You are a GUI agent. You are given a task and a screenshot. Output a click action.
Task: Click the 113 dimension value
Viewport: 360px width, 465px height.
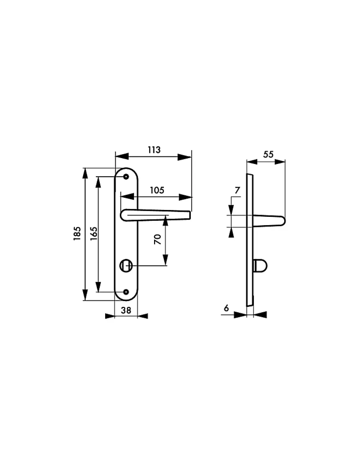154,150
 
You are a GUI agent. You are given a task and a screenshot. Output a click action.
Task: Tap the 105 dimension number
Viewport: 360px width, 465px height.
157,190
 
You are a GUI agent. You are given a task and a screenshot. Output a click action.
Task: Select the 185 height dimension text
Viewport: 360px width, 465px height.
77,233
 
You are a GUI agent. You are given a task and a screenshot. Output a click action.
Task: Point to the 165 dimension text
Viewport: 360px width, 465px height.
94,233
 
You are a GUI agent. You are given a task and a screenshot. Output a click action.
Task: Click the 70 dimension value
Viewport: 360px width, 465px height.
158,239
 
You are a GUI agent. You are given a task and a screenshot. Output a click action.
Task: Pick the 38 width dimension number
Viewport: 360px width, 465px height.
126,310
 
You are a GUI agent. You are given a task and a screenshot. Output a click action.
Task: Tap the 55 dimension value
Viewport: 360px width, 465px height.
268,154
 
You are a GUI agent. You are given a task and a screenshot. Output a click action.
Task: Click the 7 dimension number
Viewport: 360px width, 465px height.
237,190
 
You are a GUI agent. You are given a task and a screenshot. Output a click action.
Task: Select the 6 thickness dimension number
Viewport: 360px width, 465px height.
226,308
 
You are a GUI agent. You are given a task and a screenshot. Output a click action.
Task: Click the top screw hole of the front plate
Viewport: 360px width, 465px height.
126,177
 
